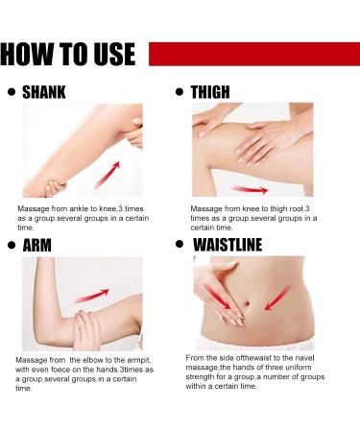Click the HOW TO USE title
[68, 54]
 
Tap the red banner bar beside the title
[254, 54]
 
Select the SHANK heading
[44, 92]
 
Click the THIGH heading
[210, 92]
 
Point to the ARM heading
[37, 246]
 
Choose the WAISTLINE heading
[228, 245]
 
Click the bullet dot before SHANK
[12, 92]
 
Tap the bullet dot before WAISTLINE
[180, 245]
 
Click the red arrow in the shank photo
[107, 175]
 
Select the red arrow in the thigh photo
[250, 190]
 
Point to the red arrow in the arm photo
[92, 296]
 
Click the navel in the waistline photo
[248, 302]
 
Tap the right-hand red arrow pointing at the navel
[277, 299]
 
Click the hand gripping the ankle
[55, 188]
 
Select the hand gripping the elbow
[87, 330]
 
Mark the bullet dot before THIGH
[180, 92]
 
